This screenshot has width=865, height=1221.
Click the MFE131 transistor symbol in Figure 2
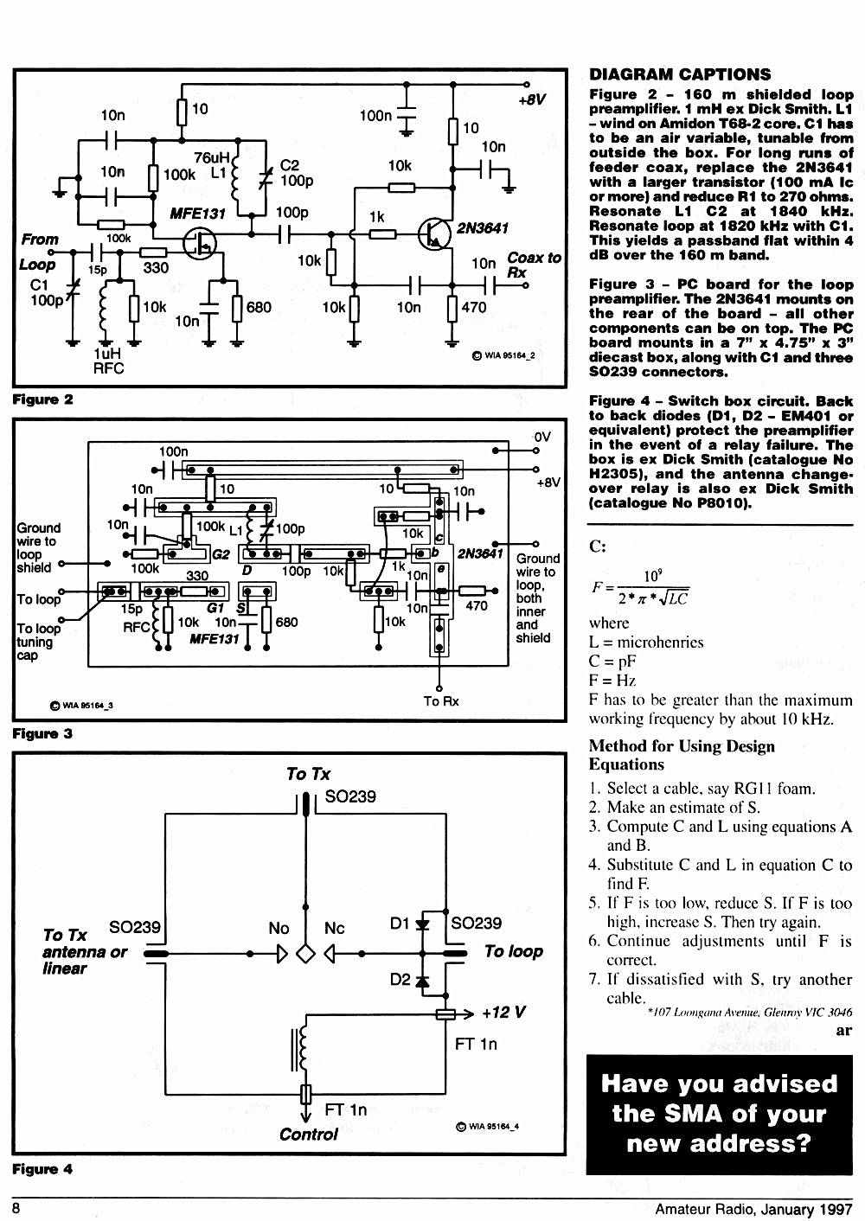[199, 243]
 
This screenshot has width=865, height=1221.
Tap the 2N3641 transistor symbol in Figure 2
[435, 233]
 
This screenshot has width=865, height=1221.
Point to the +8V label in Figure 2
[532, 99]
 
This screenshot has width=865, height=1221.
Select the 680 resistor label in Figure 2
[259, 308]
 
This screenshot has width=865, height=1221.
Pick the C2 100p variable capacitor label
[297, 173]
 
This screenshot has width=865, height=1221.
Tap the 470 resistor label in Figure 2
[473, 308]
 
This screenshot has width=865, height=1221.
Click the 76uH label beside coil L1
[212, 158]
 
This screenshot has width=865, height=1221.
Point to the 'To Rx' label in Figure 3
[441, 701]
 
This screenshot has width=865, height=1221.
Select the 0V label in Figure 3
[542, 437]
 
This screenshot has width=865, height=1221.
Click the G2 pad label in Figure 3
[221, 555]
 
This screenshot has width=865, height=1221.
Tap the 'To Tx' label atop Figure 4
[308, 774]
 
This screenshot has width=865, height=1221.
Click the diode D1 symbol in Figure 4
[422, 924]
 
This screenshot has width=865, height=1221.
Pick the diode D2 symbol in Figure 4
[422, 981]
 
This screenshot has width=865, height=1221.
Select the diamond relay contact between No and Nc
[305, 954]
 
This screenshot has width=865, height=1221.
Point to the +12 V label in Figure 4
[503, 1013]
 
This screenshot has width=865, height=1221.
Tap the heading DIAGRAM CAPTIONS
[680, 74]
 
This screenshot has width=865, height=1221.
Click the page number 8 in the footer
[16, 1209]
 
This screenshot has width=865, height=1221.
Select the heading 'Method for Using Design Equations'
[682, 755]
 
